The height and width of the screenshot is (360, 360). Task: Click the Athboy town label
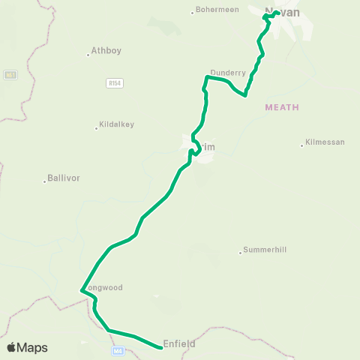[106, 51]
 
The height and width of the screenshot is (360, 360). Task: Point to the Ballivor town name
[63, 178]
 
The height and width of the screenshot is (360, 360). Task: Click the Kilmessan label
[325, 143]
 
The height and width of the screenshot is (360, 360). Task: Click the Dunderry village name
[228, 73]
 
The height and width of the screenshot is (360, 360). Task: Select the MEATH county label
[282, 107]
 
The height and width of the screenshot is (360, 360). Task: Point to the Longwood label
[105, 287]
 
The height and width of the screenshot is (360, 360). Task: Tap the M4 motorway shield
[117, 350]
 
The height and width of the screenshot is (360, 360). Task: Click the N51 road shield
[9, 75]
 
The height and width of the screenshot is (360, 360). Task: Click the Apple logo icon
[12, 347]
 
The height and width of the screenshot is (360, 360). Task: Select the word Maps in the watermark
[32, 347]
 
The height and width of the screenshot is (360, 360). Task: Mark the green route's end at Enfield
[161, 347]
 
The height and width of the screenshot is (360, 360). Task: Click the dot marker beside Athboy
[88, 53]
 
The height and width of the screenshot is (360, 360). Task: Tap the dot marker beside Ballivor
[44, 180]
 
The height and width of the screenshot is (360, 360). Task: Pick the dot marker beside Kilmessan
[302, 145]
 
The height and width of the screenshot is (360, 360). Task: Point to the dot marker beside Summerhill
[240, 251]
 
